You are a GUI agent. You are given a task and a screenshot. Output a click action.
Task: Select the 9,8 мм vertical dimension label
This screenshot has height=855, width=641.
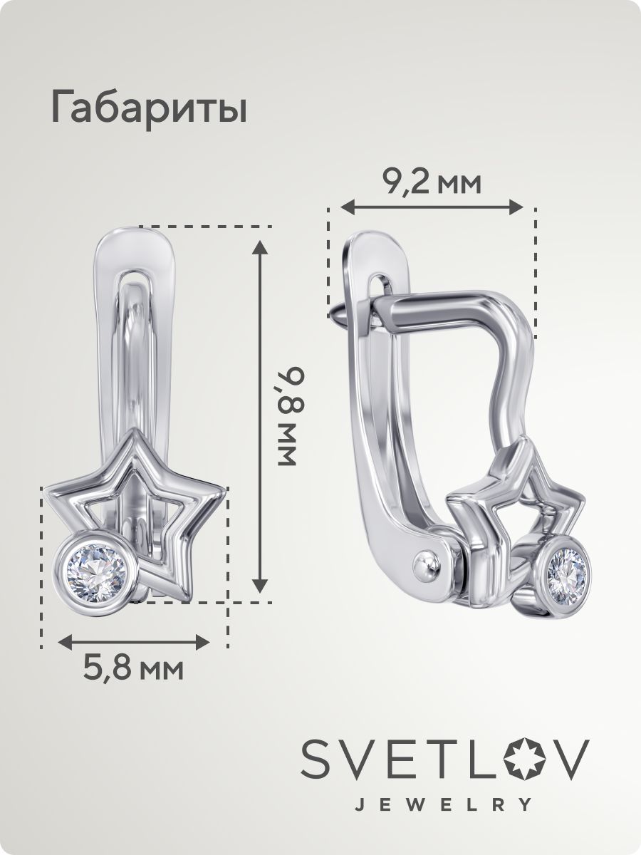pos(291,416)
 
